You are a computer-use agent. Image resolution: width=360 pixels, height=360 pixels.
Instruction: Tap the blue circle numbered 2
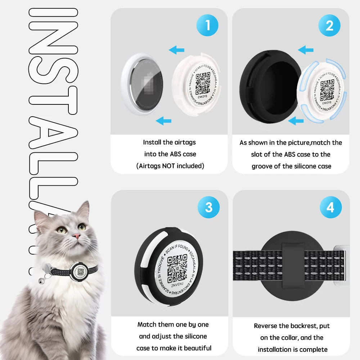(329, 26)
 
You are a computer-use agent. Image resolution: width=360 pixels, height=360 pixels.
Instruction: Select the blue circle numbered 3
(208, 207)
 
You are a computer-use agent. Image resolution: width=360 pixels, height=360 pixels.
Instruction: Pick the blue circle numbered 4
(330, 207)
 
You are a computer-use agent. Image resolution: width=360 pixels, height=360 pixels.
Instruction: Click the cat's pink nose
(76, 236)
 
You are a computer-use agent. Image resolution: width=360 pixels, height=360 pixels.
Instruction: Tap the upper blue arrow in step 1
(177, 50)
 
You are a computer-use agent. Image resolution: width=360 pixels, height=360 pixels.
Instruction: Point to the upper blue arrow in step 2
(306, 50)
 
